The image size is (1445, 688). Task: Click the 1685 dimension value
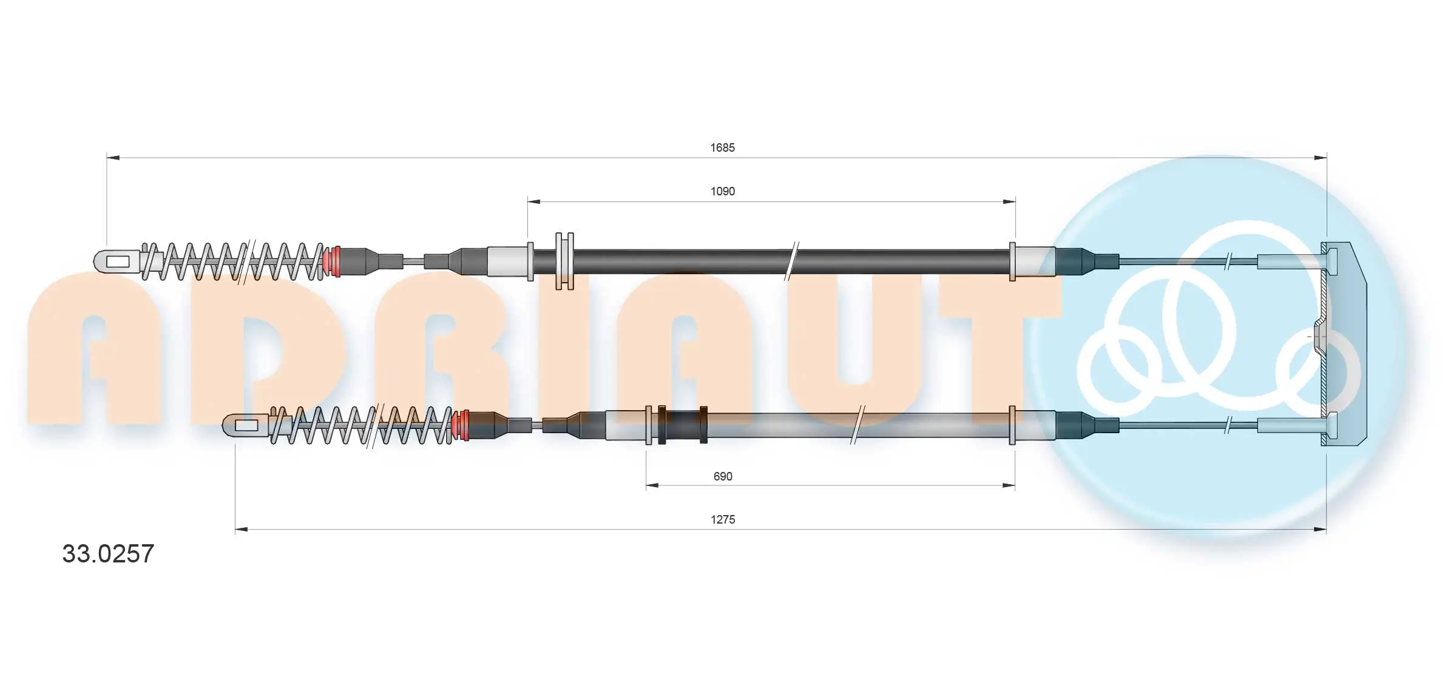click(x=722, y=147)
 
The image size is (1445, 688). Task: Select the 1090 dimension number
click(x=722, y=191)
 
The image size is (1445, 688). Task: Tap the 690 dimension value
click(x=722, y=476)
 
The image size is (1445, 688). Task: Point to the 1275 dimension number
click(x=722, y=519)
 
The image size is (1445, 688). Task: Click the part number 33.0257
click(x=108, y=554)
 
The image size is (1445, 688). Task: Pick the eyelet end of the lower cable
click(x=245, y=425)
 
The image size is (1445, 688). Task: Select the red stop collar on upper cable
click(x=333, y=261)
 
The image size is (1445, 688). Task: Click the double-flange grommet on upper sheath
click(x=564, y=261)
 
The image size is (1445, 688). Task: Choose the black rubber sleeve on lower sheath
click(x=683, y=425)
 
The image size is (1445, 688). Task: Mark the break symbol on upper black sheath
click(x=792, y=261)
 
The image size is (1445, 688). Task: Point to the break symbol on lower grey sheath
click(x=857, y=425)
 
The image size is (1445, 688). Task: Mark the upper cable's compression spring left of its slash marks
click(x=194, y=261)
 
